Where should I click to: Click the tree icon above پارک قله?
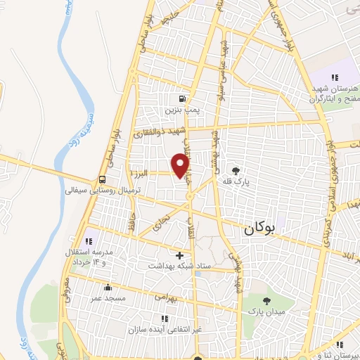pos(235,170)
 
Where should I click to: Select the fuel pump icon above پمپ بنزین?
pos(183,99)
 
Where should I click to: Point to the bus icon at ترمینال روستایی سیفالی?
pos(103,179)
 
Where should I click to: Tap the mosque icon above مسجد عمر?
pos(107,287)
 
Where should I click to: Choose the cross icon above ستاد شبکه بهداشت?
pos(179,255)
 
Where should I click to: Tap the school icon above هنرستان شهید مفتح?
pos(335,77)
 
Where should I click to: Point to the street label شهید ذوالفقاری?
pos(163,134)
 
